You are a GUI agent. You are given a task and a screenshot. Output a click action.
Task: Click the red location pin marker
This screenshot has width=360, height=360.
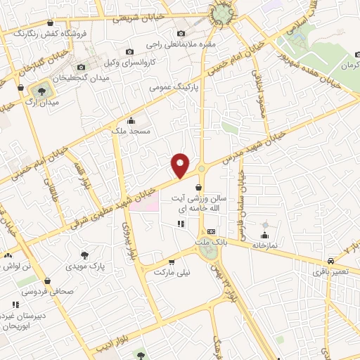click(181, 165)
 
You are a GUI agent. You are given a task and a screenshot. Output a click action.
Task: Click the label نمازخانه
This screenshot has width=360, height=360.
click(266, 246)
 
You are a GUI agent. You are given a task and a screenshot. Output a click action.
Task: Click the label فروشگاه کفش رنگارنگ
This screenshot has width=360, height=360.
click(42, 33)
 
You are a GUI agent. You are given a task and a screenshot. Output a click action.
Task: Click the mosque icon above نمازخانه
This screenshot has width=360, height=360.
click(265, 235)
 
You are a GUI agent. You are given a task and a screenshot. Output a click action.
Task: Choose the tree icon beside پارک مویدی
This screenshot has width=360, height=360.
click(85, 256)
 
